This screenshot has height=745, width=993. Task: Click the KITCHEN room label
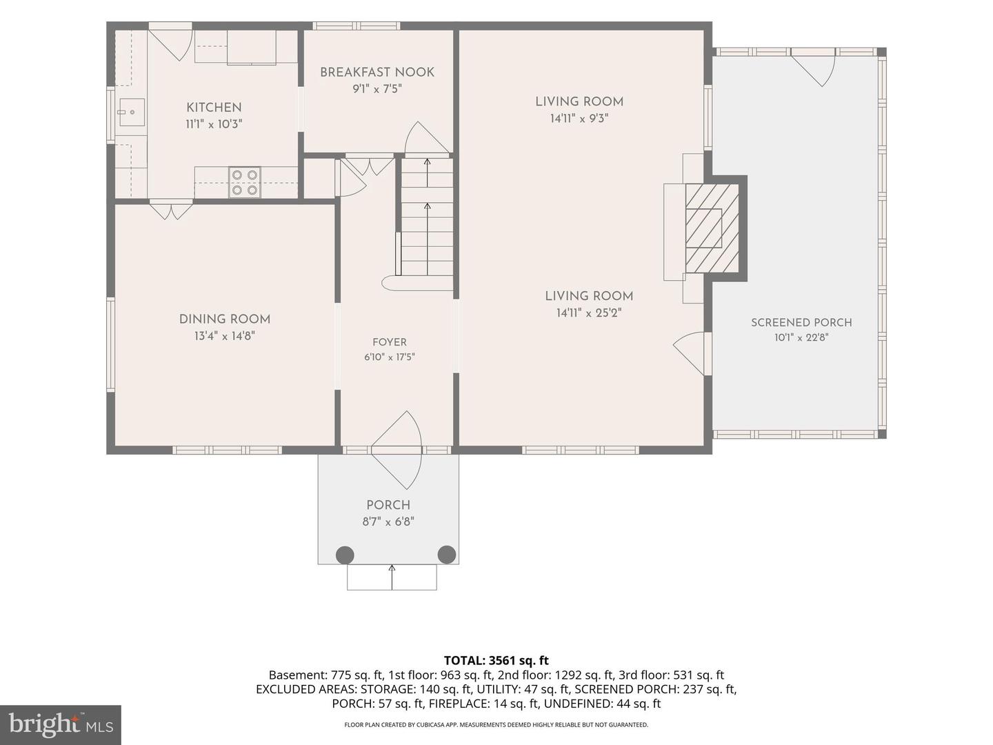pyautogui.click(x=214, y=108)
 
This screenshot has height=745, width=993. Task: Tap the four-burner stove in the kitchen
pyautogui.click(x=245, y=183)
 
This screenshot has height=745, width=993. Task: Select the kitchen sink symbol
pyautogui.click(x=132, y=112)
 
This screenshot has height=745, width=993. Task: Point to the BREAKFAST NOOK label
pyautogui.click(x=377, y=72)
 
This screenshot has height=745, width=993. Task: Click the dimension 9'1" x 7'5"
pyautogui.click(x=377, y=89)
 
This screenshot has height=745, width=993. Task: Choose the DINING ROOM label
pyautogui.click(x=225, y=319)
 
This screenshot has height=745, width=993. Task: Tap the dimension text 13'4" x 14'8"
pyautogui.click(x=225, y=336)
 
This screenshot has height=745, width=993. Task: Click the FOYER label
pyautogui.click(x=390, y=342)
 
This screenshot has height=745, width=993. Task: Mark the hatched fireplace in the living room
pyautogui.click(x=712, y=228)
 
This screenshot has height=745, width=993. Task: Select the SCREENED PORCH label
pyautogui.click(x=801, y=323)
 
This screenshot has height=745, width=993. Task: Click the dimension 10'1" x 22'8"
pyautogui.click(x=801, y=337)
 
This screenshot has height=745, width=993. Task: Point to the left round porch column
pyautogui.click(x=345, y=555)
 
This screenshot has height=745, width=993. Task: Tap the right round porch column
pyautogui.click(x=447, y=555)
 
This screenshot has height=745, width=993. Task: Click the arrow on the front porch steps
pyautogui.click(x=392, y=577)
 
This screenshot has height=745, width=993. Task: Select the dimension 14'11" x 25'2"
pyautogui.click(x=589, y=313)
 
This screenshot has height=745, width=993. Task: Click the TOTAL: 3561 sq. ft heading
pyautogui.click(x=496, y=660)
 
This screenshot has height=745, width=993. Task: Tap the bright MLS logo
pyautogui.click(x=61, y=724)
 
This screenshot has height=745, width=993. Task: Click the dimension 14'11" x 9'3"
pyautogui.click(x=579, y=119)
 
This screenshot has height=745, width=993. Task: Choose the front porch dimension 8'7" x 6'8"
pyautogui.click(x=388, y=521)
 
